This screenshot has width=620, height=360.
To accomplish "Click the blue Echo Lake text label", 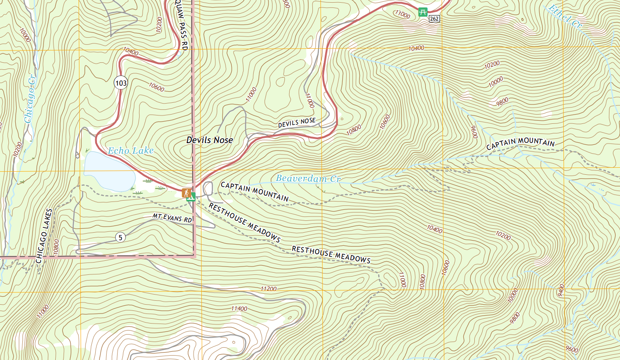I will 131,151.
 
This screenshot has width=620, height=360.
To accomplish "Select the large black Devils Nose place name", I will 209,140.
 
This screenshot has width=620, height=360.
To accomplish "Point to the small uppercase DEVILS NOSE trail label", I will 297,122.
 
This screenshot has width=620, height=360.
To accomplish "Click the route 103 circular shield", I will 121,82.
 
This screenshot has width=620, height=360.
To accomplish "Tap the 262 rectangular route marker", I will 434,18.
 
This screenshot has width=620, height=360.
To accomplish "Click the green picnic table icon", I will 423,12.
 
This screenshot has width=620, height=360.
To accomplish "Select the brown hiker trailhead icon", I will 186,192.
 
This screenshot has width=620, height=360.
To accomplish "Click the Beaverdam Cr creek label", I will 308,179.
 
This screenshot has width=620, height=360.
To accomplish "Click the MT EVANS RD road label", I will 172,218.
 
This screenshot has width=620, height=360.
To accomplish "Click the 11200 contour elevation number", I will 269,289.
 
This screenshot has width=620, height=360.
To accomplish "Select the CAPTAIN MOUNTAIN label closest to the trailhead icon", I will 254,191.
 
